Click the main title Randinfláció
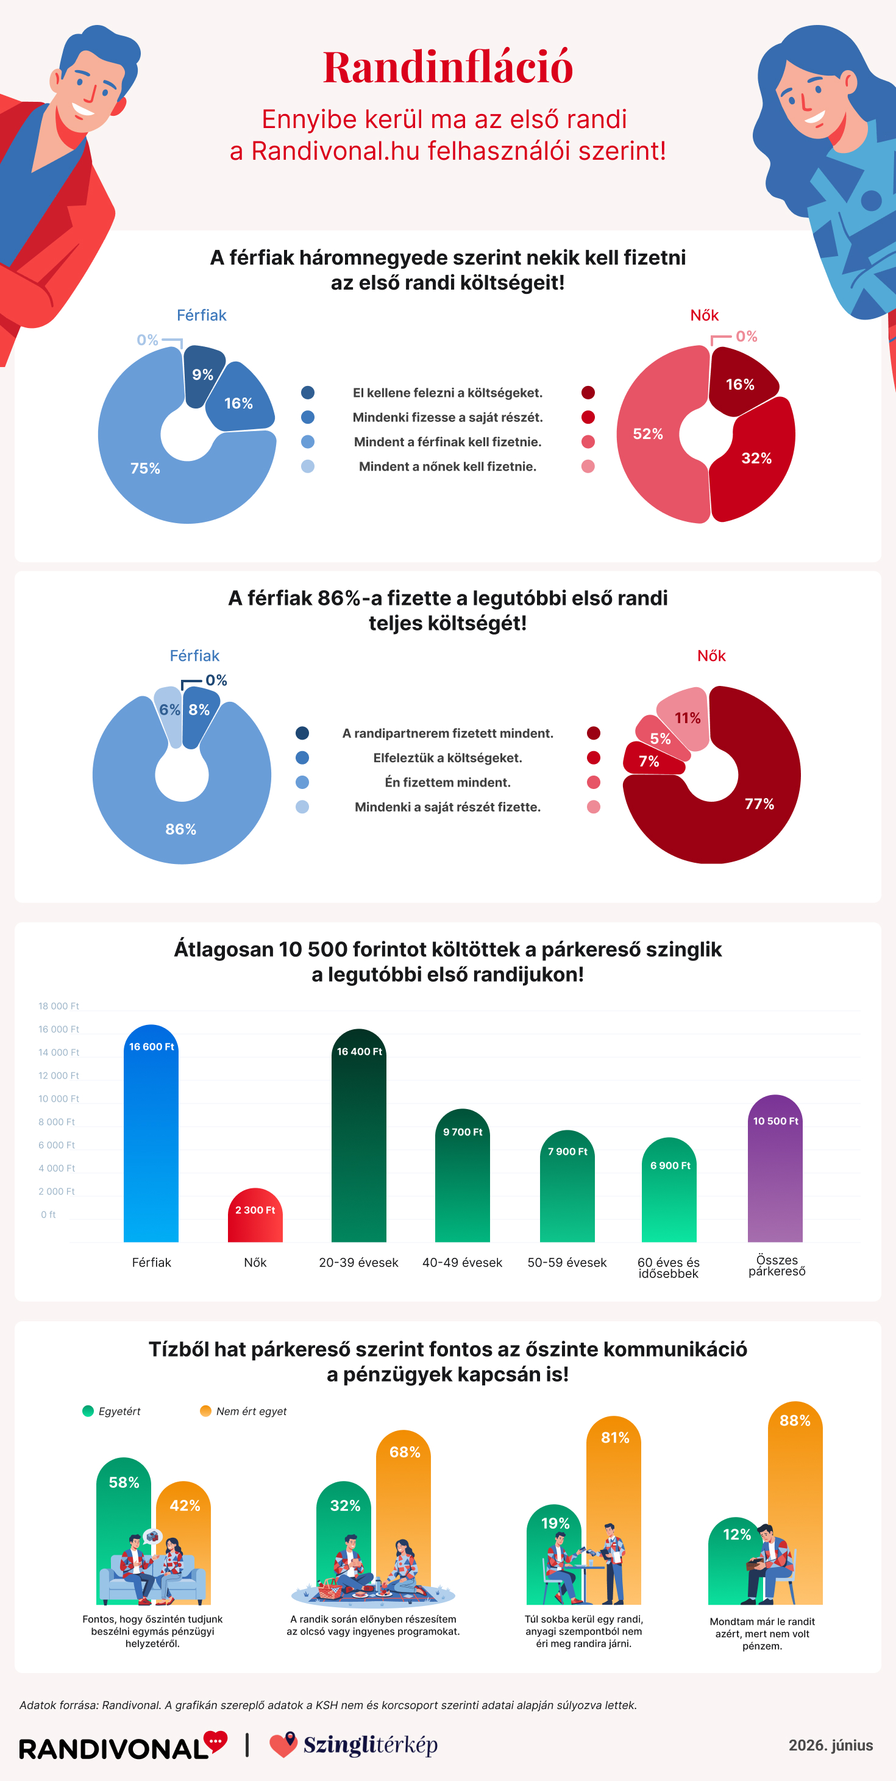(x=448, y=67)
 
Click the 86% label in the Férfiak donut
(x=180, y=829)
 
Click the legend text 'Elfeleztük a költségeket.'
(x=447, y=758)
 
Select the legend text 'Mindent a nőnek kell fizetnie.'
(x=447, y=466)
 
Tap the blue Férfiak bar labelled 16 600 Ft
(x=151, y=1133)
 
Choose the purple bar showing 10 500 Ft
(x=775, y=1168)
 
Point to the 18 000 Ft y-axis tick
(x=59, y=1006)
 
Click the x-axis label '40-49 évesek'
(x=462, y=1263)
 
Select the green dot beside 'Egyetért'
(x=88, y=1411)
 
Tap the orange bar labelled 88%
(x=795, y=1503)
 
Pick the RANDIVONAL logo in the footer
(x=123, y=1746)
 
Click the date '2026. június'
(x=830, y=1746)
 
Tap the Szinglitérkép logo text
(x=370, y=1746)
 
